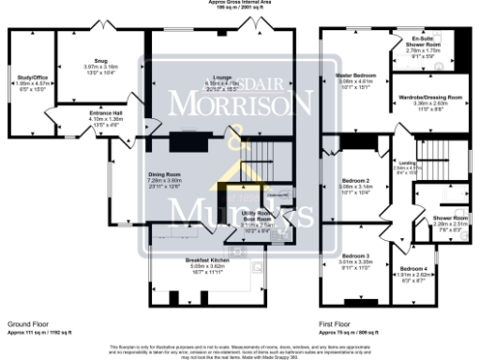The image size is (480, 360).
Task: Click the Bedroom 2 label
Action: (x=354, y=182)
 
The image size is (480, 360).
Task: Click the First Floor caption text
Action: (x=336, y=322)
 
